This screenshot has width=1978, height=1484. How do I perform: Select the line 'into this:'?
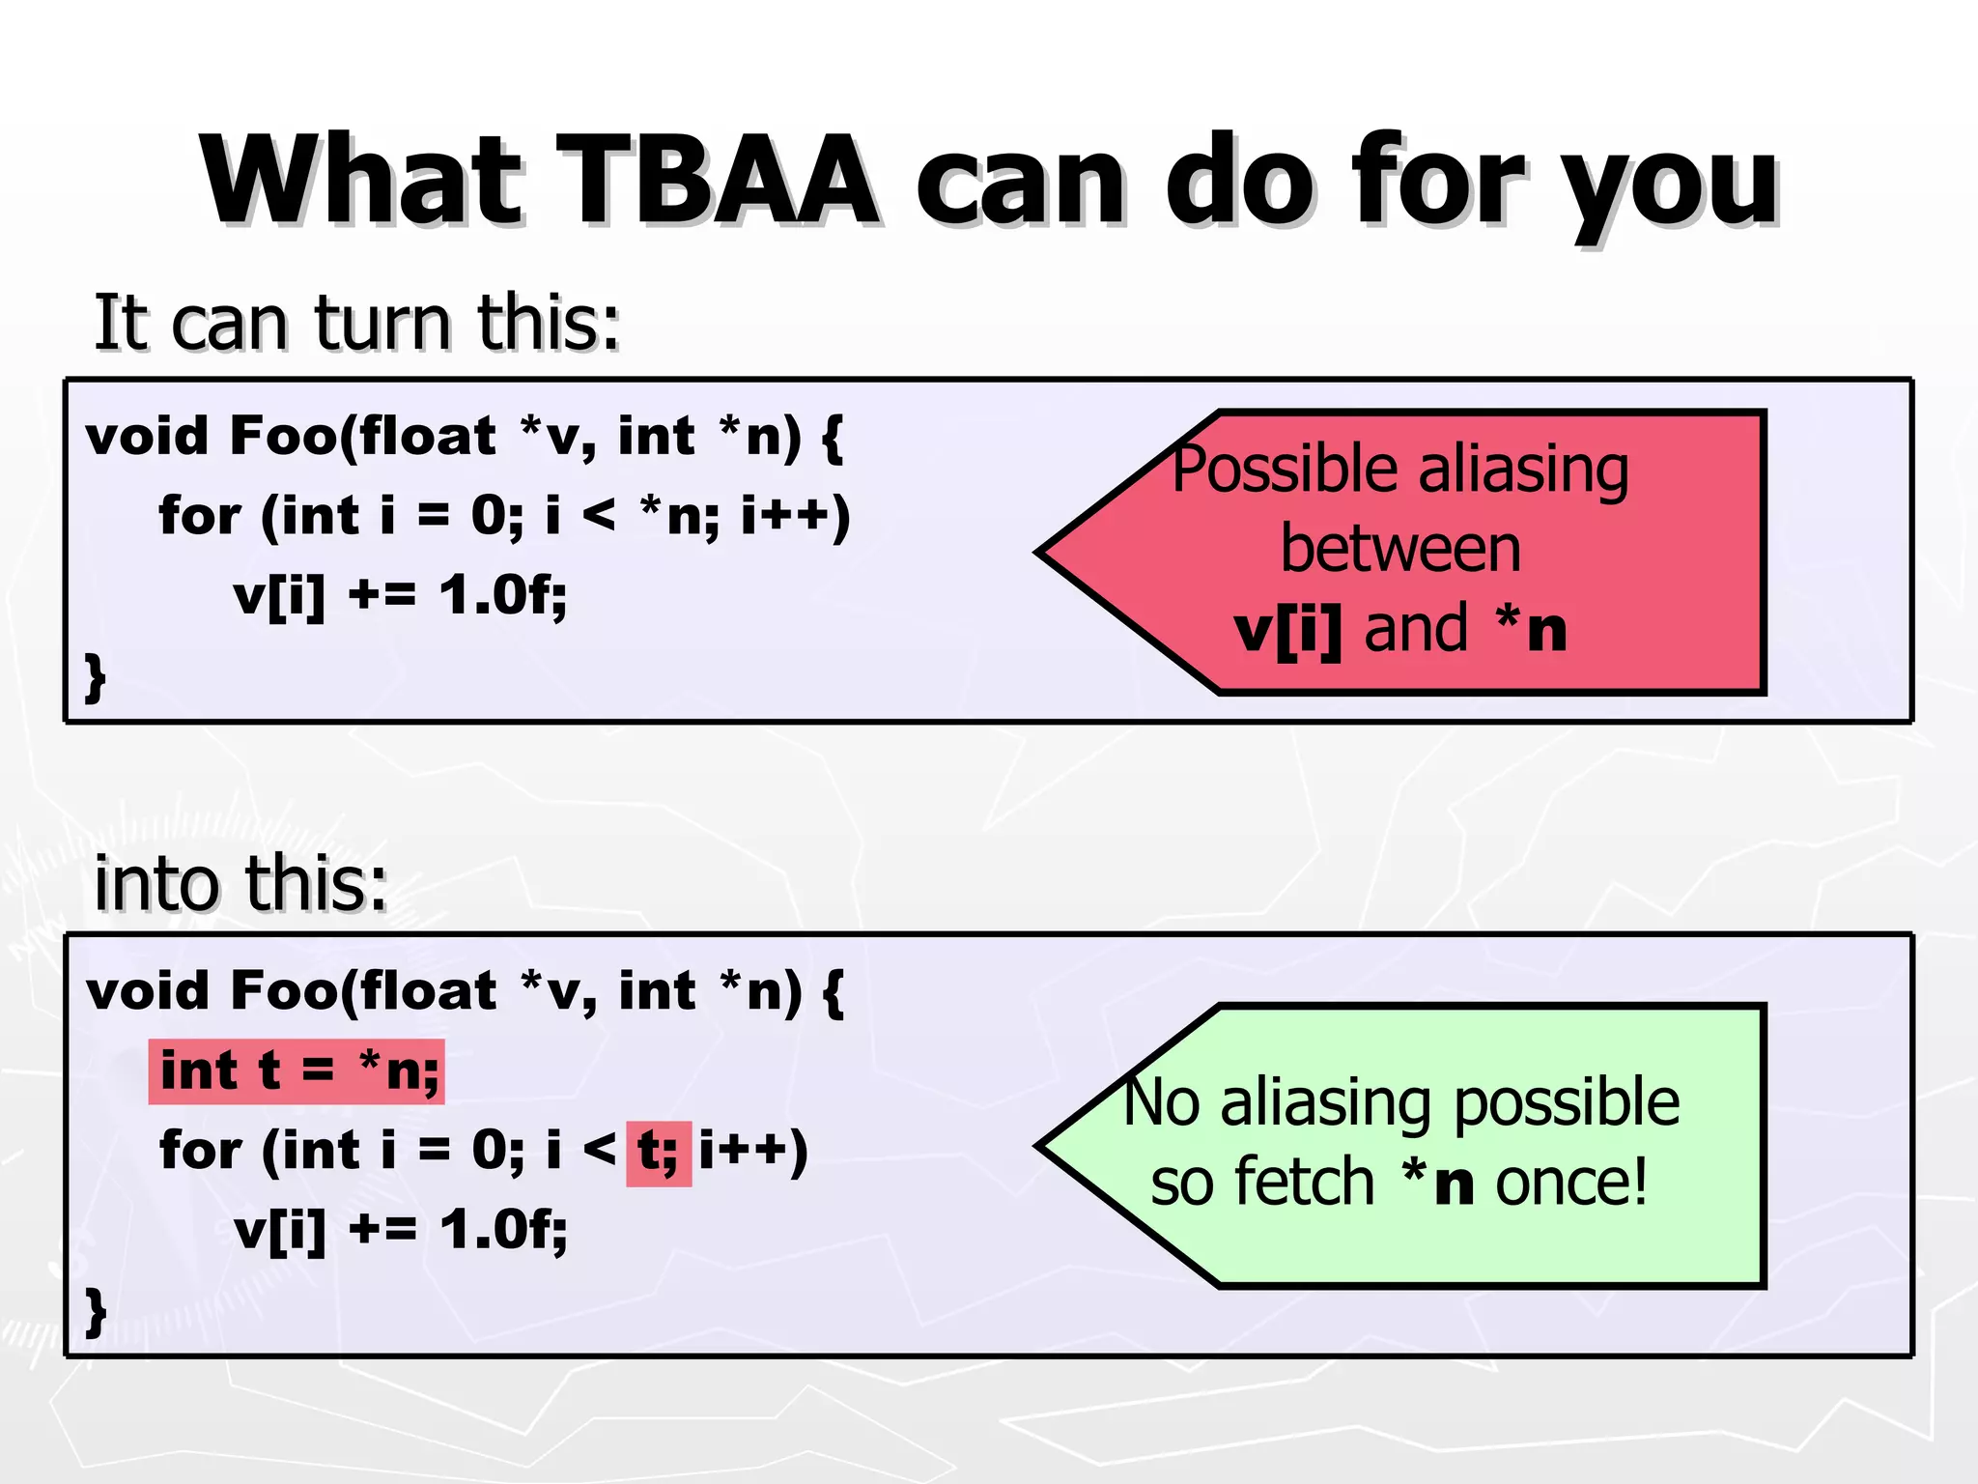coord(240,883)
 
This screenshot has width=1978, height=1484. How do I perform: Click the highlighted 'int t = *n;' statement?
coord(297,1071)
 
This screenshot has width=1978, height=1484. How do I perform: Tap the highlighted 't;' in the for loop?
coord(659,1152)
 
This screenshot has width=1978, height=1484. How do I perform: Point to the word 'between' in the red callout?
coord(1400,549)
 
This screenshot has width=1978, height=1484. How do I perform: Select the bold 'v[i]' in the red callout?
coord(1288,630)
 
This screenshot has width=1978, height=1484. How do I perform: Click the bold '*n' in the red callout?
coord(1531,630)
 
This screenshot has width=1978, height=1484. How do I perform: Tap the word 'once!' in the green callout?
coord(1571,1183)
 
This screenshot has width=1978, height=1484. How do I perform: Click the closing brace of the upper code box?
coord(95,676)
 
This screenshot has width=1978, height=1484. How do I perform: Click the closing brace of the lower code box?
coord(95,1311)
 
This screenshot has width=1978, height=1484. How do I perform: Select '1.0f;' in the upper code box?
coord(503,594)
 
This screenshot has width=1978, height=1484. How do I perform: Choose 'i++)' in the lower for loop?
coord(753,1151)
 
